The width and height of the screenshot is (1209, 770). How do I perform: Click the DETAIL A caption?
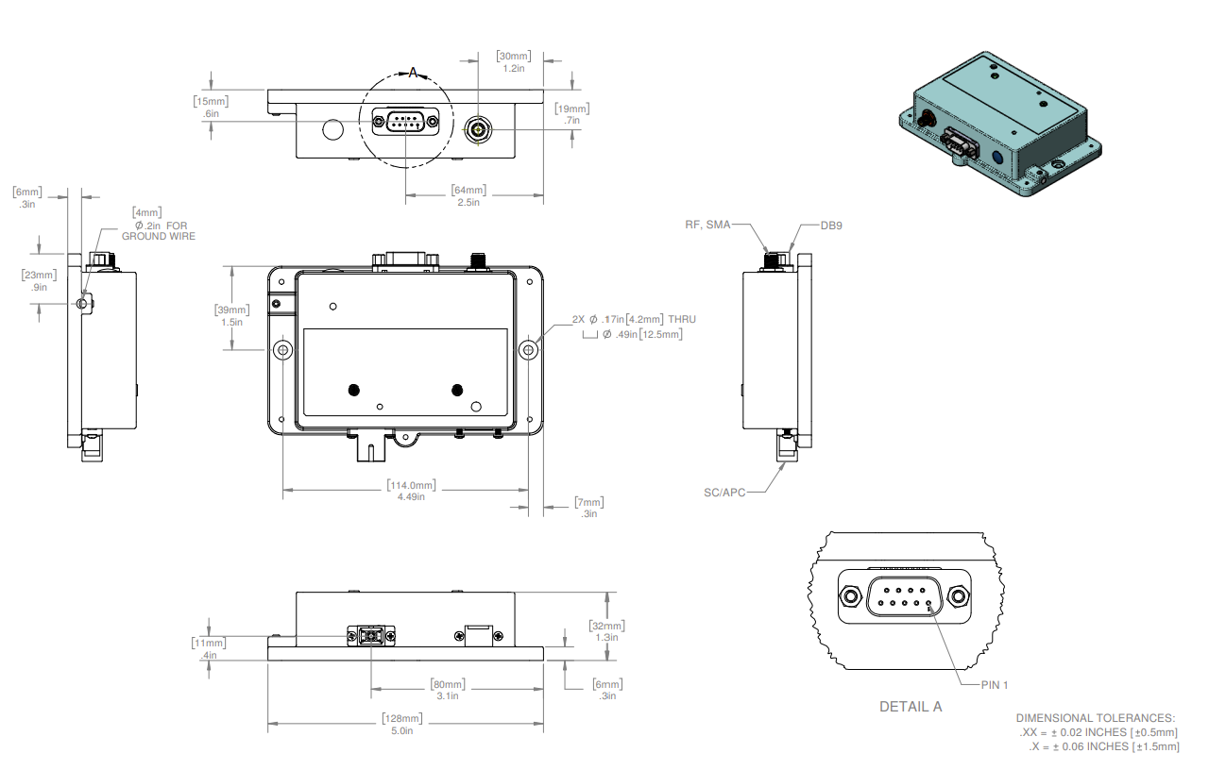point(911,707)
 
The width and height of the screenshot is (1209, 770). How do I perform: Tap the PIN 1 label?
point(995,685)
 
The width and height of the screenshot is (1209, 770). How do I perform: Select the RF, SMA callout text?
point(707,225)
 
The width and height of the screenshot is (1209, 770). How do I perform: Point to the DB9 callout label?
point(831,226)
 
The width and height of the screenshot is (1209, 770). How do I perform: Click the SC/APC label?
point(724,493)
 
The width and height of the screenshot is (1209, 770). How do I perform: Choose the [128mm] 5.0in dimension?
point(402,724)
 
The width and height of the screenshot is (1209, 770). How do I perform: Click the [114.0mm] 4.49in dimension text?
point(411,491)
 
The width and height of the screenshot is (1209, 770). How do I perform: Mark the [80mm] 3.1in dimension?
point(448,690)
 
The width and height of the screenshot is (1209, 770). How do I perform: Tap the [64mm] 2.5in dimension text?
point(468,195)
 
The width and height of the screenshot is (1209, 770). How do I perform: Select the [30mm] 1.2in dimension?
point(513,62)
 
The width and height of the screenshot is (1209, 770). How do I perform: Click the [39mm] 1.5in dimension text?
point(232,315)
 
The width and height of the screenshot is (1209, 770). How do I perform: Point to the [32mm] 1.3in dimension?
point(606,631)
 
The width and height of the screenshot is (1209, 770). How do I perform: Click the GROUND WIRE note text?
point(158,236)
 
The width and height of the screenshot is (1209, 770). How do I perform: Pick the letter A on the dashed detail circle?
point(413,73)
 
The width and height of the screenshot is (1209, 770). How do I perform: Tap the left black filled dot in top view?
point(354,390)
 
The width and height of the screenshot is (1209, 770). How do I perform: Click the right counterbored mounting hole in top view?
point(528,350)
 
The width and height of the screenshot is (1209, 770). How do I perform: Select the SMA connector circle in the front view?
point(478,130)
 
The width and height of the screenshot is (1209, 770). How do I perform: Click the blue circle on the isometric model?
point(997,158)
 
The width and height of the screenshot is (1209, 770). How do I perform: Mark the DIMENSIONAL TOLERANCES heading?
point(1095,718)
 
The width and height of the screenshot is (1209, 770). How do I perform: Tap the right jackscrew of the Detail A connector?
point(958,596)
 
